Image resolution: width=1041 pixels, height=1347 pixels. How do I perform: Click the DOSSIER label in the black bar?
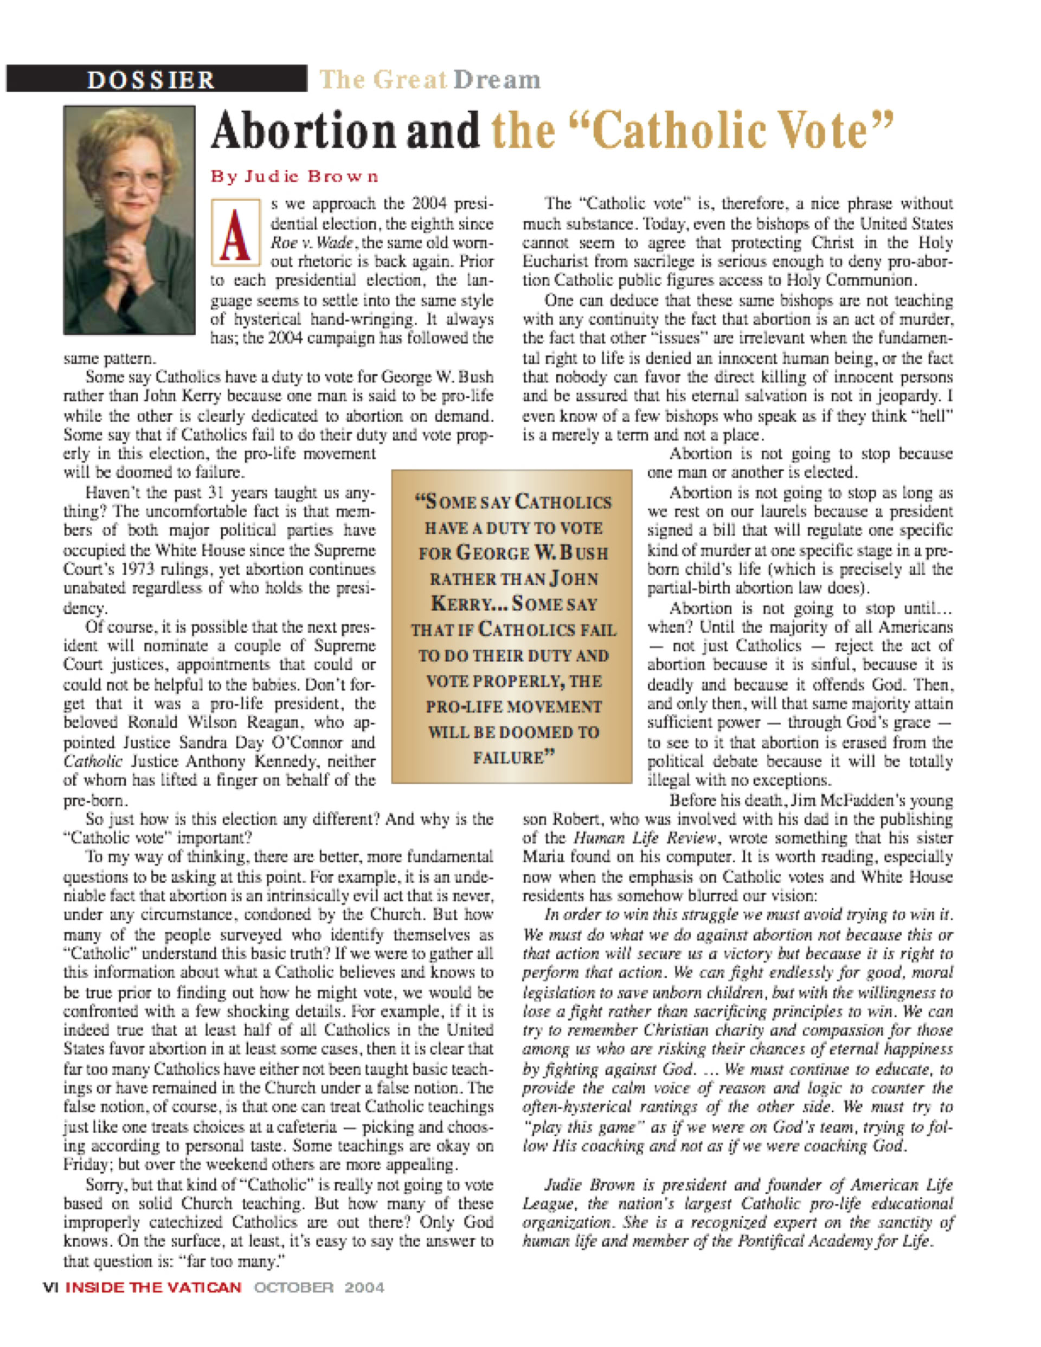click(151, 80)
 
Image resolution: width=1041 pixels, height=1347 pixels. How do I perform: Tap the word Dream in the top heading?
click(497, 80)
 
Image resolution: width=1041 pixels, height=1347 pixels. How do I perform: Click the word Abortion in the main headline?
click(302, 131)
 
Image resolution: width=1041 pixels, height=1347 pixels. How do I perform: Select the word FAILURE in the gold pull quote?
click(510, 758)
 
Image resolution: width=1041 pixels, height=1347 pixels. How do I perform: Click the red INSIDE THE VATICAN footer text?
click(153, 1287)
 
